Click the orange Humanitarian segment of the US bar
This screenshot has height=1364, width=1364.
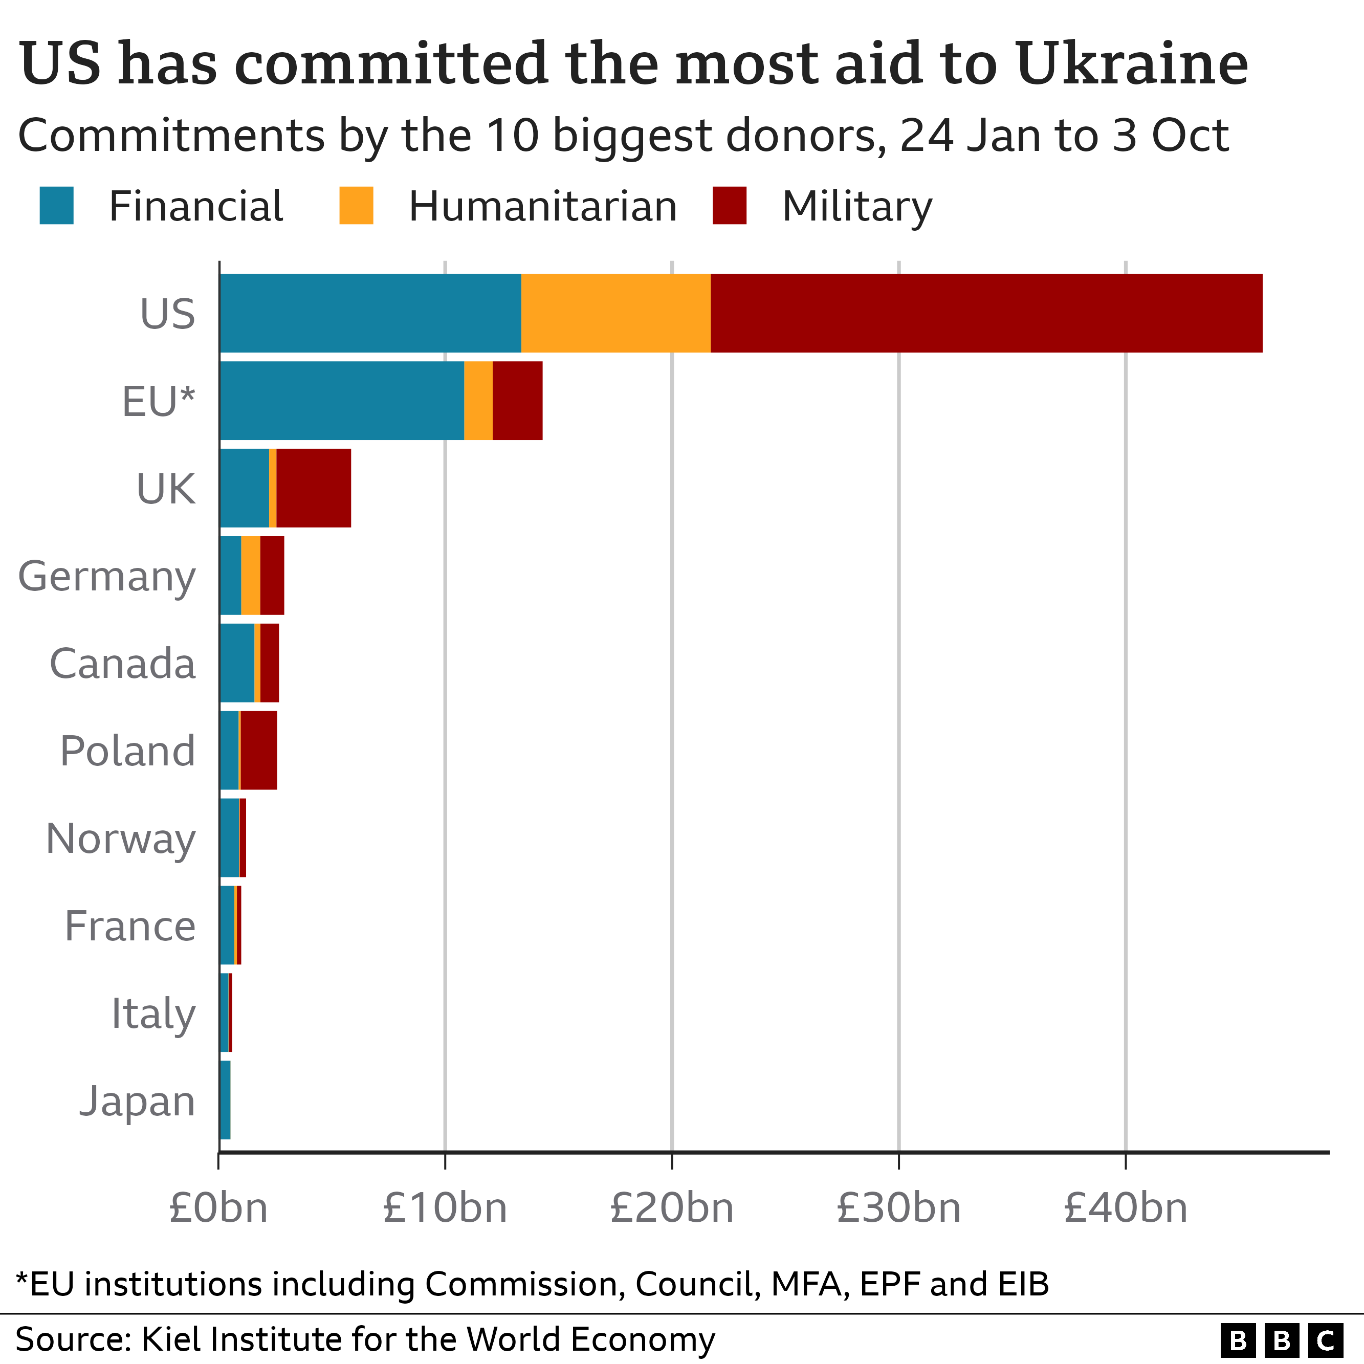click(615, 313)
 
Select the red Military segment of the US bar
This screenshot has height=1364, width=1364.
click(985, 313)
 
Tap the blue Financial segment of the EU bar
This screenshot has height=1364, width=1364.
click(342, 400)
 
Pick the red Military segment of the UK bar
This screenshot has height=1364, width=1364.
click(314, 488)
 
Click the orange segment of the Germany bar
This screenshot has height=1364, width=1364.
click(251, 576)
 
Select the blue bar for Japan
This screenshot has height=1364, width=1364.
click(225, 1100)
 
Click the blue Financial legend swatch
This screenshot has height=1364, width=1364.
click(56, 206)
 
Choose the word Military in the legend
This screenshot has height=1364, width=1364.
click(856, 207)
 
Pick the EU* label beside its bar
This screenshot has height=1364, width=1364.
click(158, 401)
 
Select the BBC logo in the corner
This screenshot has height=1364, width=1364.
click(1282, 1340)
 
